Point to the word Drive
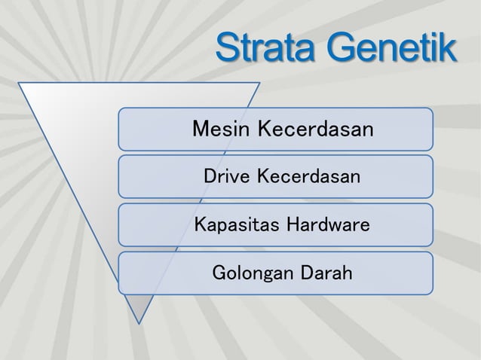pos(228,178)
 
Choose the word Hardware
pos(326,225)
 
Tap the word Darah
pos(326,273)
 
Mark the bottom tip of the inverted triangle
pos(139,322)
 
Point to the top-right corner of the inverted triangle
pos(259,83)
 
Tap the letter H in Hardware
pos(290,225)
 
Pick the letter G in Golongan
pos(221,273)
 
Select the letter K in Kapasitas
pos(201,225)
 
